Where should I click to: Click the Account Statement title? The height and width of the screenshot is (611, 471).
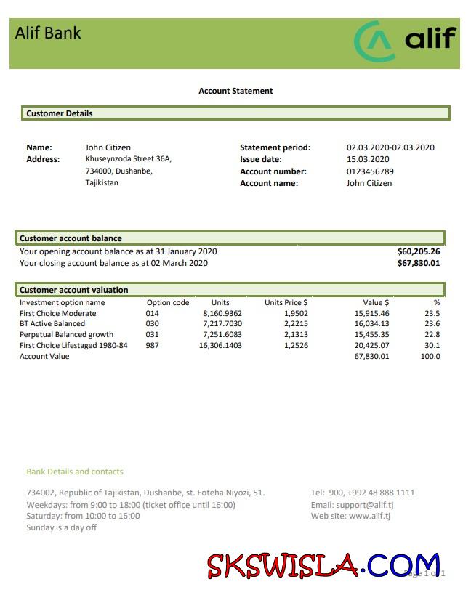(235, 91)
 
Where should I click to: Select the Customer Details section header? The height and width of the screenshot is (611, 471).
(60, 113)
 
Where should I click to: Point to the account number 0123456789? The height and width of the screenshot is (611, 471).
(370, 171)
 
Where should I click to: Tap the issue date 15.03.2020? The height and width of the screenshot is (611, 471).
(368, 159)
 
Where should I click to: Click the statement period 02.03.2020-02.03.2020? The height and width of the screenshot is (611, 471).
(390, 147)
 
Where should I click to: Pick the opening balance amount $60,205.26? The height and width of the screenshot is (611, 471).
(419, 251)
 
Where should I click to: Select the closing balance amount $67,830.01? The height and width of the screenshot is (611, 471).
(419, 263)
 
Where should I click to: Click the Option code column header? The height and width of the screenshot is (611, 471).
(168, 302)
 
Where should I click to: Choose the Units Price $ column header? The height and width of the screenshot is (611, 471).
(286, 302)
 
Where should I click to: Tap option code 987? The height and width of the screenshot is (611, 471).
(153, 345)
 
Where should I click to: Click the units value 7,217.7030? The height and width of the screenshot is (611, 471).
(222, 324)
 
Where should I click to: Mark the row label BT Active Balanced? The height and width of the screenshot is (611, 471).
(52, 324)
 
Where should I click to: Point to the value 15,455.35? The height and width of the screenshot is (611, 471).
(371, 335)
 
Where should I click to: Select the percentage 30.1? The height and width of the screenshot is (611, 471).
(432, 345)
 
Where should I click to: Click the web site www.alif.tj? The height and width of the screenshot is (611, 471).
(369, 516)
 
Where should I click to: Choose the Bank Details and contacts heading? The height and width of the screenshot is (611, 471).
(75, 472)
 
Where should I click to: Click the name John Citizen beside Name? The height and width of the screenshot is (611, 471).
(108, 147)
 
